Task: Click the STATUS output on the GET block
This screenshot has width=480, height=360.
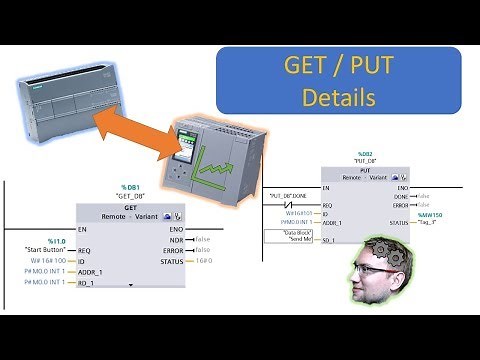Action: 171,261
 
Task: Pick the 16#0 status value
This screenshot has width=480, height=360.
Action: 203,261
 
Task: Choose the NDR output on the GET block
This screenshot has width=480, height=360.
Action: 177,239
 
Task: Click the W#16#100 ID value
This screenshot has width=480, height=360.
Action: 47,260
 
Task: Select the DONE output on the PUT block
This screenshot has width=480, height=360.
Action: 402,196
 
